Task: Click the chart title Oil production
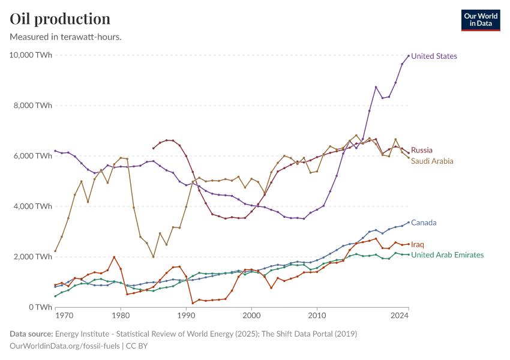[x=60, y=19]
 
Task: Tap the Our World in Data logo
[x=480, y=20]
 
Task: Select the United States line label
[x=434, y=56]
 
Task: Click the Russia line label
[x=422, y=150]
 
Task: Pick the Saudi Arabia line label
[x=432, y=161]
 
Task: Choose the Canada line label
[x=424, y=223]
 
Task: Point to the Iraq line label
[x=418, y=244]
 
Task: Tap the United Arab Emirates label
[x=447, y=255]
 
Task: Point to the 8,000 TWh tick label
[x=33, y=106]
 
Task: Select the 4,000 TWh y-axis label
[x=33, y=206]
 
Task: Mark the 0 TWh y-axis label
[x=38, y=307]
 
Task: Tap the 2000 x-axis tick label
[x=251, y=315]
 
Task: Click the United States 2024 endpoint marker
[x=409, y=56]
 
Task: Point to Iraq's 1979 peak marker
[x=114, y=257]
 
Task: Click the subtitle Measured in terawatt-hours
[x=66, y=37]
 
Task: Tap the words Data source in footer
[x=31, y=334]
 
